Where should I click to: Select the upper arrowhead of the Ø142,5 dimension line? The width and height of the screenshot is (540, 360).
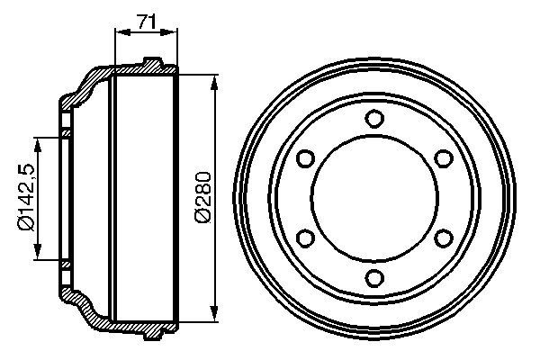pyautogui.click(x=38, y=143)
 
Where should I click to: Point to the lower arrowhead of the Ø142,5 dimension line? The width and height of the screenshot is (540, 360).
pyautogui.click(x=38, y=254)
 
